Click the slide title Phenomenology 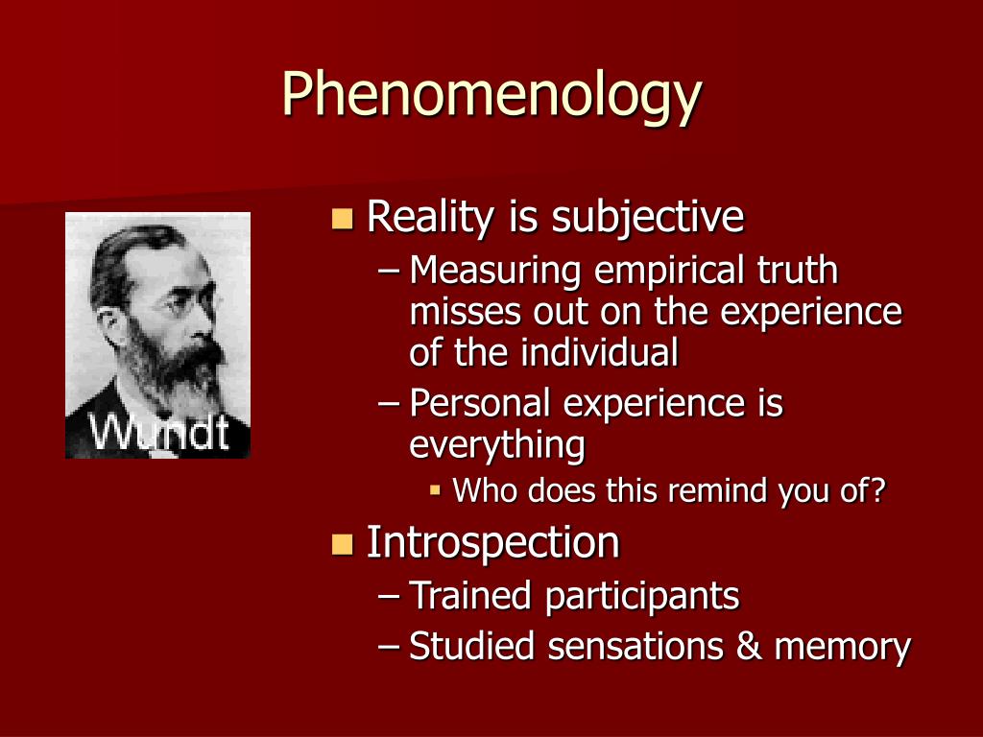coord(491,95)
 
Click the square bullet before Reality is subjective coord(343,218)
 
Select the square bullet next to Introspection coord(343,544)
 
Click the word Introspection coord(492,543)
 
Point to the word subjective coord(648,218)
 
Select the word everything coord(497,446)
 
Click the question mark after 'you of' coord(878,490)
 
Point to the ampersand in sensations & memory coord(749,646)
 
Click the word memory coord(843,648)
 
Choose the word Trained coord(470,595)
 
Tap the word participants coord(642,597)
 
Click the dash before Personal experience coord(389,403)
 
